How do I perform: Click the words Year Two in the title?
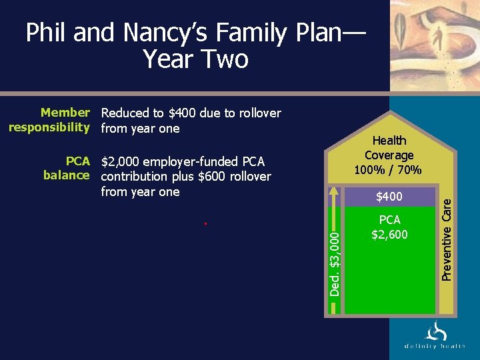195,59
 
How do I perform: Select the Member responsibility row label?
48,120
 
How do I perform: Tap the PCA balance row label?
66,168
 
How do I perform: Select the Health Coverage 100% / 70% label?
389,155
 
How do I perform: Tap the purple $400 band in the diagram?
389,197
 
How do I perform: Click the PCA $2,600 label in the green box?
389,227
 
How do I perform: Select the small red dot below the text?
206,224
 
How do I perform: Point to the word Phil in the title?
47,33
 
